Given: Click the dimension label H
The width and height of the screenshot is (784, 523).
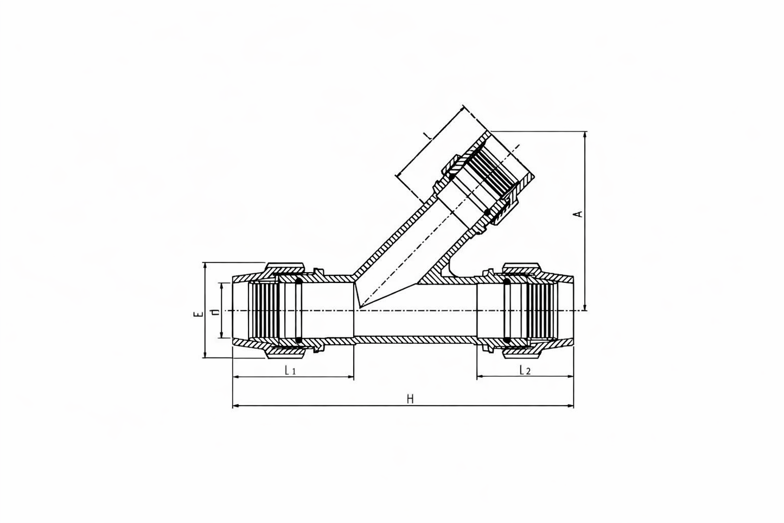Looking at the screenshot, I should point(410,399).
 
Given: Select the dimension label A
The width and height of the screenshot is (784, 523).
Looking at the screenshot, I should point(579,213).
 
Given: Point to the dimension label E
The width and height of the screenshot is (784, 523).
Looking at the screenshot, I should point(199,313).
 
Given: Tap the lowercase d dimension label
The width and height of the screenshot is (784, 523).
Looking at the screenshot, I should point(215,312).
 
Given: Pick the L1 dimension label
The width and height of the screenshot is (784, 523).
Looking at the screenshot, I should point(290,371).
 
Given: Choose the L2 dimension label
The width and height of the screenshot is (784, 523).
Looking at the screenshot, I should point(524,370).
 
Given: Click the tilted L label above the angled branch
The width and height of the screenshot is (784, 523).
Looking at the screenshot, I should point(429,135).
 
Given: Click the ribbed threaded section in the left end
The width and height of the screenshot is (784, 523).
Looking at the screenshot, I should point(265,310).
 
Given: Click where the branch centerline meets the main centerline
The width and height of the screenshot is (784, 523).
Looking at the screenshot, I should point(358,310).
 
